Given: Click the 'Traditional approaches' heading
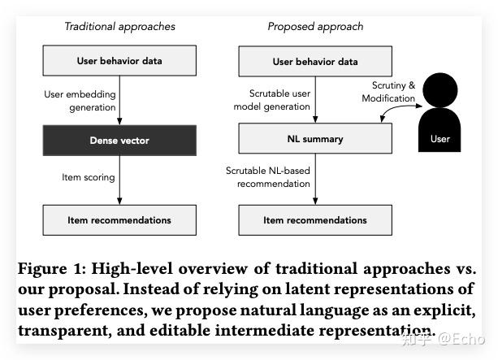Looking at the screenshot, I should (119, 27).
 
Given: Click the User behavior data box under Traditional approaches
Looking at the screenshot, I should (119, 61).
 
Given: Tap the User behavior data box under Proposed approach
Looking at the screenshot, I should (314, 61).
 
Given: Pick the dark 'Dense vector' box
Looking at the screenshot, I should (119, 141).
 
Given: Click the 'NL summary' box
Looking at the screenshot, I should (314, 139).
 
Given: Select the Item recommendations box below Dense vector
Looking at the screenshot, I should (119, 219).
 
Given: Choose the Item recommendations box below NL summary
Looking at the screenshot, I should (314, 219).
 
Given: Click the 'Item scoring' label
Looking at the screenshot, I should (89, 177).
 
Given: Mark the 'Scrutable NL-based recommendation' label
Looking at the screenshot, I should (268, 176).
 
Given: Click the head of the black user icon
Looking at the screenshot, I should (439, 89).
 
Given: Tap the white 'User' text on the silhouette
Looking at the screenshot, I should (439, 139).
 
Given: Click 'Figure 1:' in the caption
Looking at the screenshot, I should (48, 269).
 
